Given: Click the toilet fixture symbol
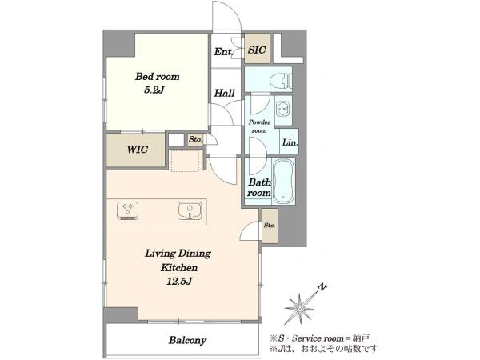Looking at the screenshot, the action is pyautogui.click(x=281, y=81).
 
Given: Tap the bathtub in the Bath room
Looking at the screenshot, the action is pyautogui.click(x=283, y=181).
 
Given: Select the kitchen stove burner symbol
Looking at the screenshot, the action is pyautogui.click(x=127, y=210).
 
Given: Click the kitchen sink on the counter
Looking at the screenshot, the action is pyautogui.click(x=190, y=210).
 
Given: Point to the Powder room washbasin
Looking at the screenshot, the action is pyautogui.click(x=283, y=109).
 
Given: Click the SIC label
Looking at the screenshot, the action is pyautogui.click(x=257, y=50).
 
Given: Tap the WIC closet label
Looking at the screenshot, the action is pyautogui.click(x=138, y=150).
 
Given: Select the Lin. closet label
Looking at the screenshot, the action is pyautogui.click(x=290, y=142).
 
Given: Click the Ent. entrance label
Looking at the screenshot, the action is pyautogui.click(x=223, y=51).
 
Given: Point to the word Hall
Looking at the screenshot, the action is pyautogui.click(x=224, y=93).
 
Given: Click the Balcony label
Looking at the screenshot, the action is pyautogui.click(x=187, y=340).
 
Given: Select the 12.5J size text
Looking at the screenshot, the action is pyautogui.click(x=179, y=281).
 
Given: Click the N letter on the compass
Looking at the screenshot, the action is pyautogui.click(x=322, y=287).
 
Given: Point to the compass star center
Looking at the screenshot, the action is pyautogui.click(x=301, y=307).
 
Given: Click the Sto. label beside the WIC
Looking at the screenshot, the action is pyautogui.click(x=195, y=139).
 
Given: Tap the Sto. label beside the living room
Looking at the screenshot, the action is pyautogui.click(x=270, y=226).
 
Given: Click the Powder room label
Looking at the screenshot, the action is pyautogui.click(x=259, y=126).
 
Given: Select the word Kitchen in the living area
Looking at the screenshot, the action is pyautogui.click(x=179, y=267).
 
